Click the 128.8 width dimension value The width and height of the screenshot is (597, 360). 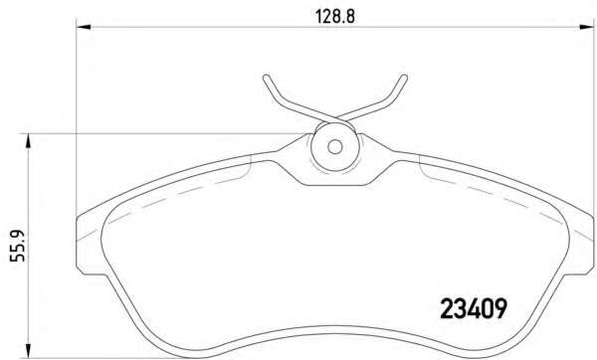pyautogui.click(x=334, y=16)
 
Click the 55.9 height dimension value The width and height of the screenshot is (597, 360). pyautogui.click(x=17, y=246)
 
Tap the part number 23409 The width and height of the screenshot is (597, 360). pyautogui.click(x=474, y=308)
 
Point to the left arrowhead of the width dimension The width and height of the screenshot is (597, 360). pyautogui.click(x=84, y=27)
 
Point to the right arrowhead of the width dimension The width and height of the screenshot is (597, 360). pyautogui.click(x=586, y=27)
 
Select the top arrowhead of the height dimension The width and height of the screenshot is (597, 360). pyautogui.click(x=28, y=141)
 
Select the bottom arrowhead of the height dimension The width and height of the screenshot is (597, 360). pyautogui.click(x=28, y=351)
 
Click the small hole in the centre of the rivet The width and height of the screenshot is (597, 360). pyautogui.click(x=335, y=147)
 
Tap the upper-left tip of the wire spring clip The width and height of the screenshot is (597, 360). pyautogui.click(x=266, y=78)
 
